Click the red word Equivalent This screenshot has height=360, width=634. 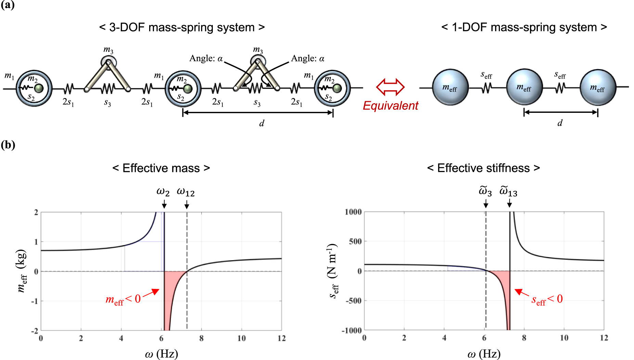(390, 106)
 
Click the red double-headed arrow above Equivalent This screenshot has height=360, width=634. (390, 87)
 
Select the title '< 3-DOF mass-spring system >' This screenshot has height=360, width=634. (182, 27)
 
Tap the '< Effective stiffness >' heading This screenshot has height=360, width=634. (483, 168)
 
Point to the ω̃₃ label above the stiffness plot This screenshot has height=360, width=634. (485, 191)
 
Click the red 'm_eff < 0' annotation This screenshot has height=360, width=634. (123, 299)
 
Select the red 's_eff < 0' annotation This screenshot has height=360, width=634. (547, 299)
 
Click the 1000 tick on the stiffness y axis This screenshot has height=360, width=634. (353, 212)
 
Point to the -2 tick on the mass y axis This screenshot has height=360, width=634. (35, 331)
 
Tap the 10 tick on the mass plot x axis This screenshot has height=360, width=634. (242, 338)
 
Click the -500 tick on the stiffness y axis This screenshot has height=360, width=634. (353, 301)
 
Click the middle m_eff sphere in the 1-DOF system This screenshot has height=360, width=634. (524, 87)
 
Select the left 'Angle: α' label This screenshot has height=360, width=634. (206, 58)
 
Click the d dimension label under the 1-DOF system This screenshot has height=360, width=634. (560, 123)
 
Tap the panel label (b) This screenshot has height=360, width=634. (8, 145)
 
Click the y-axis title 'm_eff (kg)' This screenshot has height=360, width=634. (22, 271)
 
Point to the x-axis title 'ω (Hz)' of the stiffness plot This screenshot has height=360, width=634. (484, 354)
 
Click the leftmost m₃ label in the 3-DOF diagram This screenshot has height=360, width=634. (108, 50)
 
